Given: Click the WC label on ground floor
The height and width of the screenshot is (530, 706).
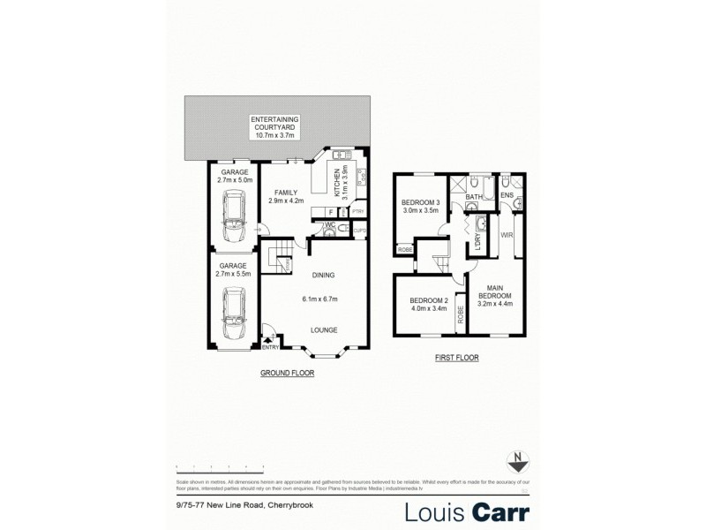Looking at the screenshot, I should [x=327, y=225].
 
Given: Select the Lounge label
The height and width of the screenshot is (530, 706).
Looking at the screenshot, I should [x=323, y=329].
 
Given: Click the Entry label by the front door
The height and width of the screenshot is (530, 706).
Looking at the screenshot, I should [x=271, y=347].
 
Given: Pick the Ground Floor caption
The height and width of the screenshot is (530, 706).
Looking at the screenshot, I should [x=287, y=374].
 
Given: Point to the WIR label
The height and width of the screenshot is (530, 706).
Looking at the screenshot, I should [x=507, y=236].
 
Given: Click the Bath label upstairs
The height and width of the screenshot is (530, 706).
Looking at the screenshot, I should [x=474, y=197].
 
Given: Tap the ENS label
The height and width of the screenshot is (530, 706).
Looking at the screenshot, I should [x=507, y=195].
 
